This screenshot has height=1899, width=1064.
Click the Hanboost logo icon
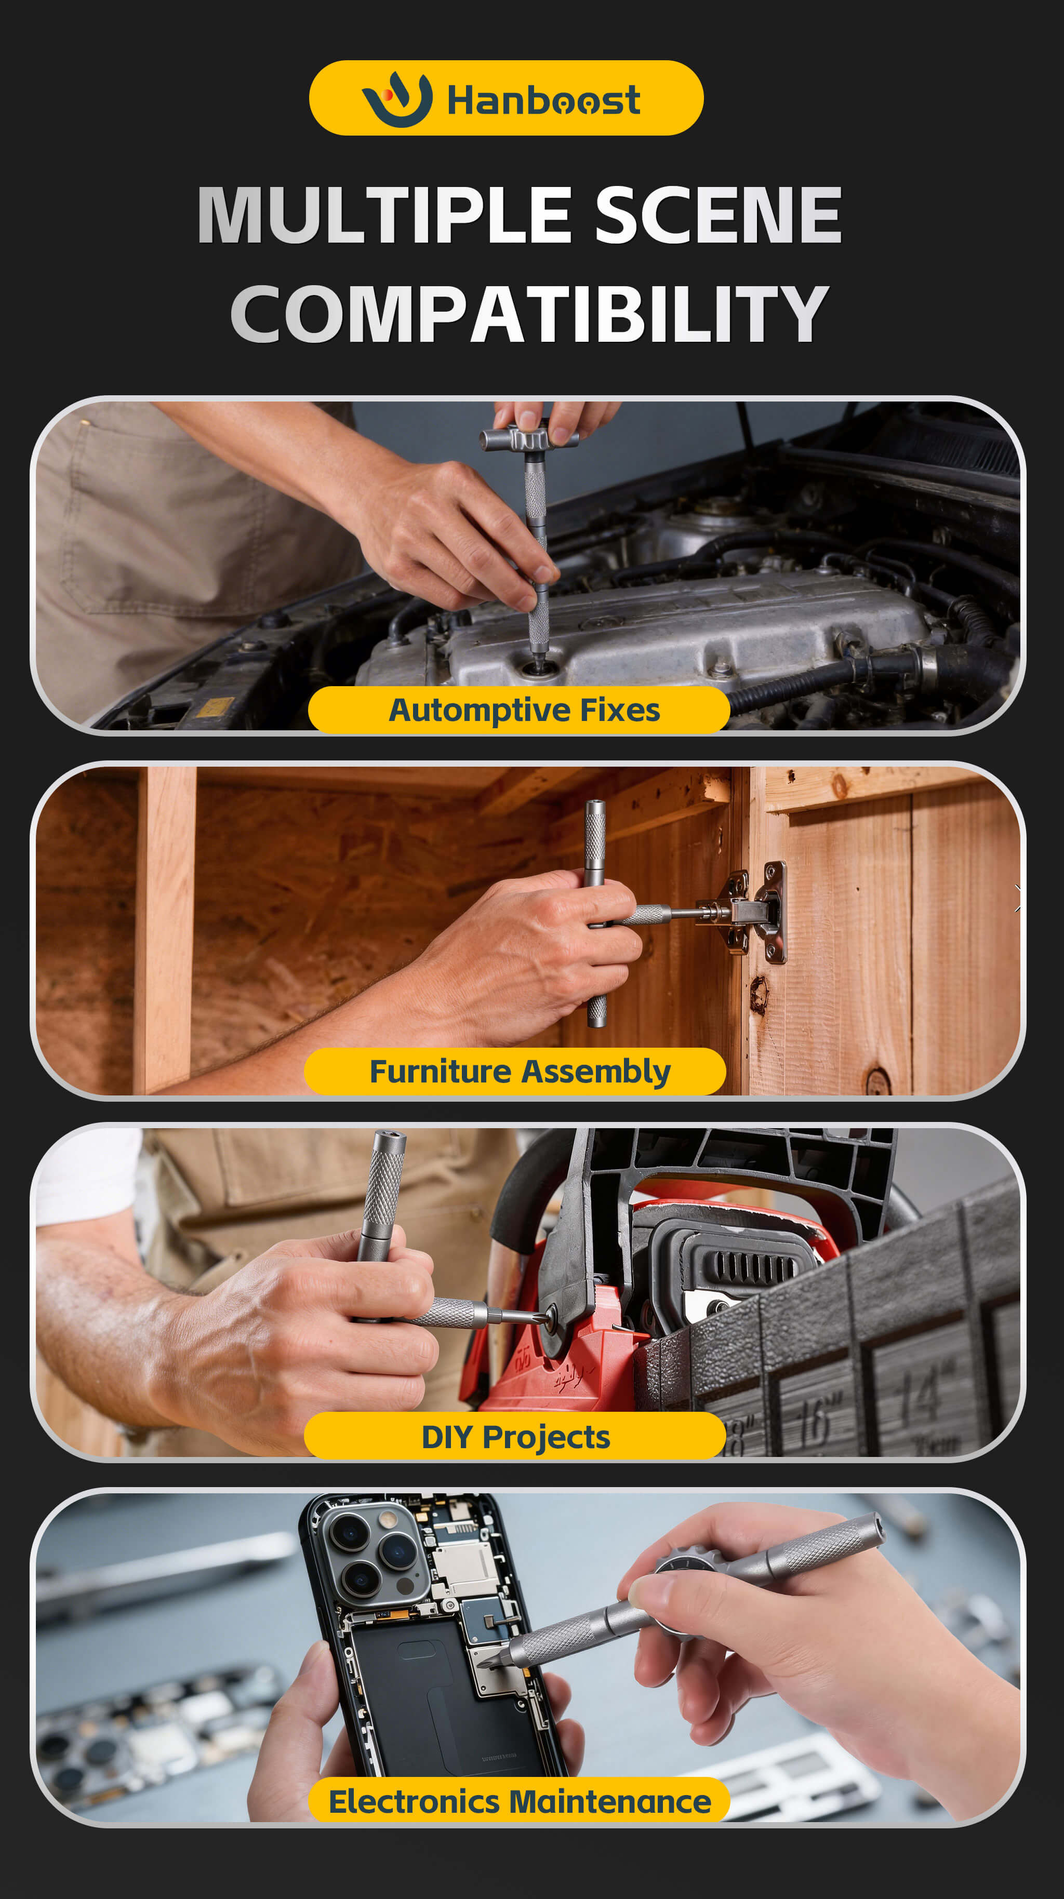click(397, 99)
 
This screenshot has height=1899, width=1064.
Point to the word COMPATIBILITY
click(529, 314)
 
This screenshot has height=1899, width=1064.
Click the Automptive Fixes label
click(524, 710)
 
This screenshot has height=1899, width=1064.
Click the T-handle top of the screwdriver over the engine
click(529, 440)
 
